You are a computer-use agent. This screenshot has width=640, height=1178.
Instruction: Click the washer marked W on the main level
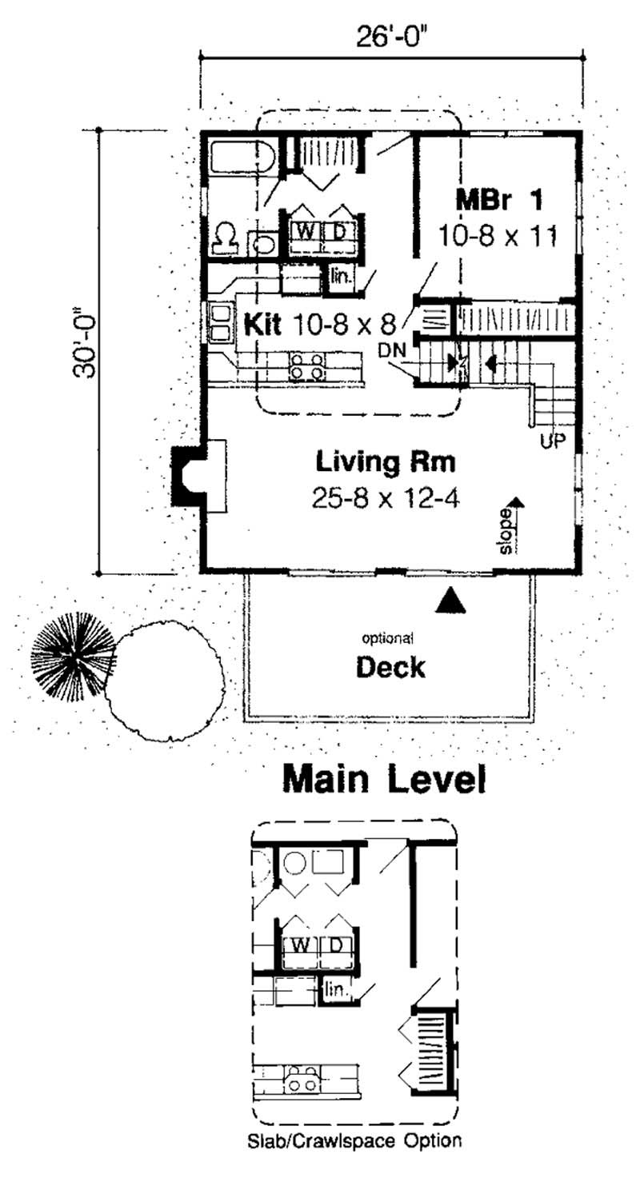tap(305, 231)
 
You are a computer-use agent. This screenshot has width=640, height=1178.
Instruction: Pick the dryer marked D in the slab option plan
tap(337, 944)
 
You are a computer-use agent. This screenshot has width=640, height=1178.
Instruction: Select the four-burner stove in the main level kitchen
tap(308, 365)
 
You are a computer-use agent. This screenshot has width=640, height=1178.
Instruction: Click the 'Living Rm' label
tap(386, 461)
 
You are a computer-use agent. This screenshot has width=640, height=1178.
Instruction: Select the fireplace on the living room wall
tap(196, 477)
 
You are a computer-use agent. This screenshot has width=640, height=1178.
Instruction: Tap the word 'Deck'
tap(390, 667)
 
